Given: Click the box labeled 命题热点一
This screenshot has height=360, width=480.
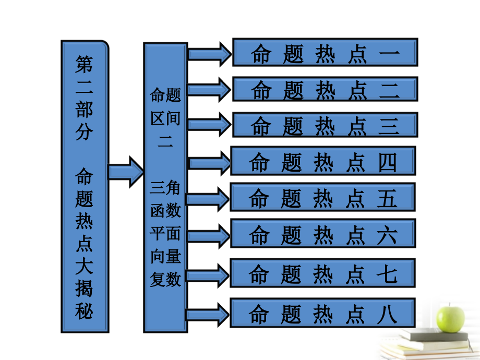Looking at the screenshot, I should (x=325, y=52).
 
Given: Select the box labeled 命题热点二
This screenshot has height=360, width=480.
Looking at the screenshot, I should (x=325, y=89).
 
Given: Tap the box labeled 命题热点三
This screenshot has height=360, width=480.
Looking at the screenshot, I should (x=325, y=125).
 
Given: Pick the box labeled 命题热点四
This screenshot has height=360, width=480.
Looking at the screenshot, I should (x=323, y=161).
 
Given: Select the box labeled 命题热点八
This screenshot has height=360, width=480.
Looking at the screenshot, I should (x=323, y=313).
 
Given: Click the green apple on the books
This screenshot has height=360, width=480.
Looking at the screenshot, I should (x=450, y=319).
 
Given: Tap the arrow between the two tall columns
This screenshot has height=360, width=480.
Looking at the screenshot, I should (x=125, y=171).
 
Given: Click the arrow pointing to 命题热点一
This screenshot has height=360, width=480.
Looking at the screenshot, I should (x=209, y=54).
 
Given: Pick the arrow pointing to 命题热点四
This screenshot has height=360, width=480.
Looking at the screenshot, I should (x=209, y=163).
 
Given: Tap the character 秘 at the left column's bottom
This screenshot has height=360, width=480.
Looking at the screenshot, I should (x=84, y=311).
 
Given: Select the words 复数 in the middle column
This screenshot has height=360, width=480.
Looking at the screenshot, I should (x=165, y=279).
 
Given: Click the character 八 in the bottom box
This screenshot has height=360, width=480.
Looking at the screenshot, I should (x=387, y=314).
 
